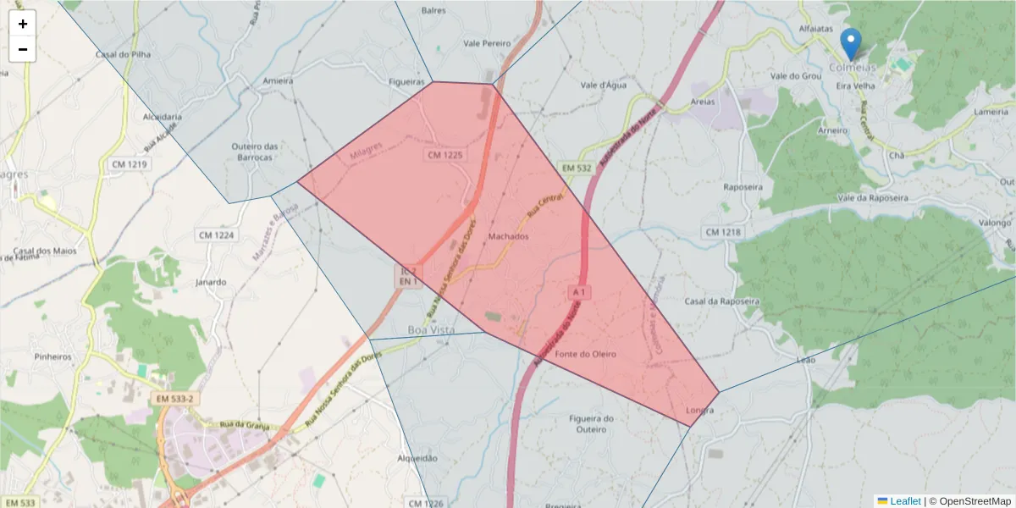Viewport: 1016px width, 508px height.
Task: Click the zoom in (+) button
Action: tap(23, 24)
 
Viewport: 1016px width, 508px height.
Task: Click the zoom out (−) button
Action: tap(23, 49)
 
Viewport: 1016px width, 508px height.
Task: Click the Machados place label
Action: tap(509, 237)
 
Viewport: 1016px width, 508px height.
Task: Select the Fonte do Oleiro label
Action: tap(586, 354)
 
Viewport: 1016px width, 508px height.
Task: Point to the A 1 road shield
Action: tap(579, 291)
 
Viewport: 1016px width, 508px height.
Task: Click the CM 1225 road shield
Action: tap(445, 155)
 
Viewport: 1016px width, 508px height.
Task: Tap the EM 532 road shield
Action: tap(575, 168)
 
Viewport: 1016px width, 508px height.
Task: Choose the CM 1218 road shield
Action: tap(721, 232)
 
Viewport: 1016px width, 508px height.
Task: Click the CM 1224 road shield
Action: tap(215, 235)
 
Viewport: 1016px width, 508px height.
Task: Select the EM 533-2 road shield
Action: tap(175, 398)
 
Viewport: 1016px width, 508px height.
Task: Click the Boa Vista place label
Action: tap(431, 329)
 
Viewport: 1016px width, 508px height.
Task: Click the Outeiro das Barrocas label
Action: tap(255, 152)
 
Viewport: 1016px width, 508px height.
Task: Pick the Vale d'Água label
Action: tap(602, 86)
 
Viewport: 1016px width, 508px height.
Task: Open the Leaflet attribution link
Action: tap(904, 501)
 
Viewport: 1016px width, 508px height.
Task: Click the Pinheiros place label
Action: tap(53, 356)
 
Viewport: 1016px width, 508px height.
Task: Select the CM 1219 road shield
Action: tap(128, 163)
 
